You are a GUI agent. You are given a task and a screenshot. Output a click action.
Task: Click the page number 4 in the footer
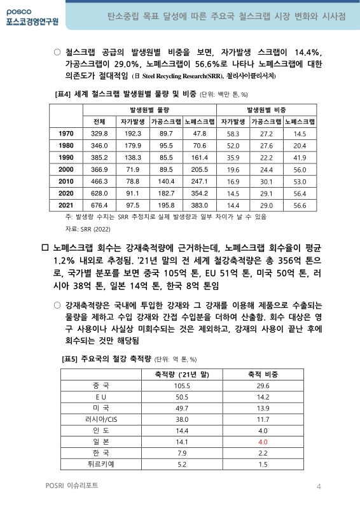click(319, 487)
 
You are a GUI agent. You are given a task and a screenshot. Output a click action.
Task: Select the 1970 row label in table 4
click(67, 133)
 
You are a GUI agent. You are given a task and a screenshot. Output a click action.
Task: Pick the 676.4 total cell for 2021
click(99, 206)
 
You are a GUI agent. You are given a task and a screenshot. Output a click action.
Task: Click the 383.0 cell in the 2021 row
click(200, 206)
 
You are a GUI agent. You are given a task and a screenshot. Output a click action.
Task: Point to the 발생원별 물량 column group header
click(149, 109)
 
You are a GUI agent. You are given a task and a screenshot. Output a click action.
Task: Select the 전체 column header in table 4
click(99, 121)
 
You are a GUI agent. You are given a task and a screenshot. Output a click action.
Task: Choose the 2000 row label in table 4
click(67, 169)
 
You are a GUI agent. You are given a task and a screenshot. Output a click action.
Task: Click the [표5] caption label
click(70, 359)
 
